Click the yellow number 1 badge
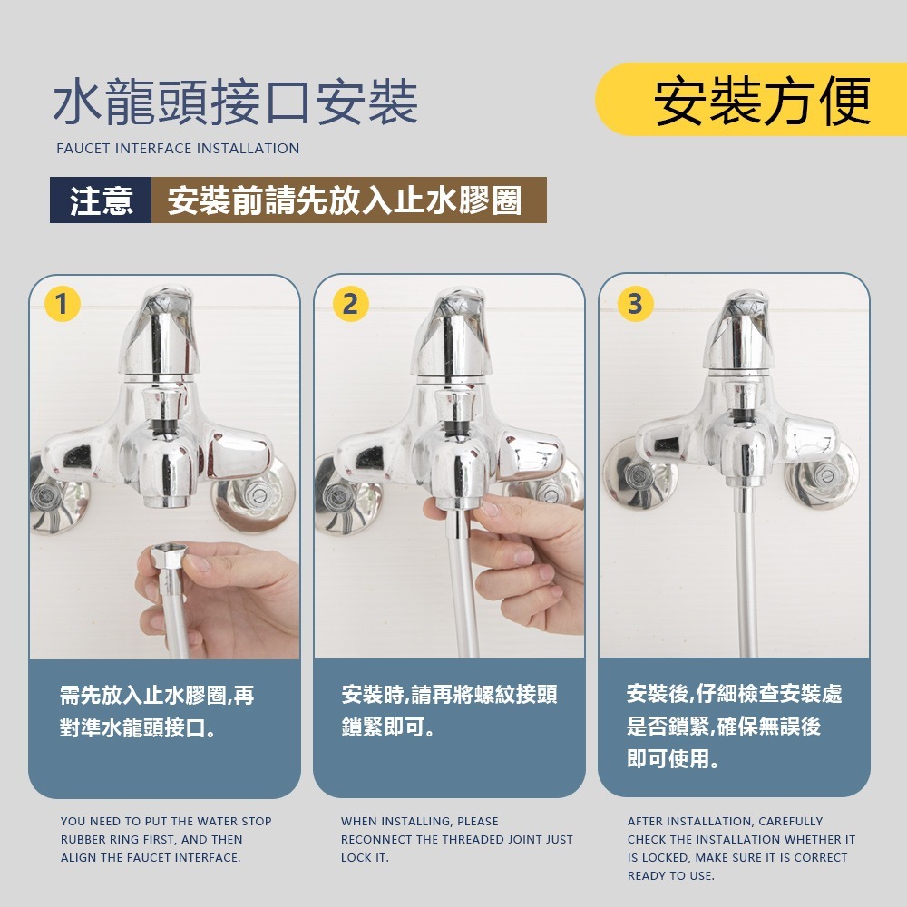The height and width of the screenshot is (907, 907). [62, 304]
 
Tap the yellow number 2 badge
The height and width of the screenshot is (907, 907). [350, 304]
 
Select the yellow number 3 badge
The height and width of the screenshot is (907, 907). [635, 304]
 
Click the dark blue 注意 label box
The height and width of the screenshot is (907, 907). [101, 200]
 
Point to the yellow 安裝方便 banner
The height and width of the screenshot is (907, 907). [751, 100]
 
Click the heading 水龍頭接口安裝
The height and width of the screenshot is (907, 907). [236, 102]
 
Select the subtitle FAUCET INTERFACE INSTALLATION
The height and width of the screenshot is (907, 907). [178, 149]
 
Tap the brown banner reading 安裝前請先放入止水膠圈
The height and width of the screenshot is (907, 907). [349, 200]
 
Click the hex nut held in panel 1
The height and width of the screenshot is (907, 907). [166, 557]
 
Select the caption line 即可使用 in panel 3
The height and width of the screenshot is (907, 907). [673, 758]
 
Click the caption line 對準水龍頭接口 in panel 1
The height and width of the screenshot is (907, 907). [138, 727]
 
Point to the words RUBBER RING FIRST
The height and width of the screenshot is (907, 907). [119, 839]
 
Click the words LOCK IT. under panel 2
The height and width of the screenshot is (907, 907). [365, 857]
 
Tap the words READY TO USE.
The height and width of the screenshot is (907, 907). [671, 876]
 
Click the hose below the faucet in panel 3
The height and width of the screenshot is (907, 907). [746, 572]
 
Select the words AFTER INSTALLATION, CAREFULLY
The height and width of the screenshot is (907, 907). [725, 822]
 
